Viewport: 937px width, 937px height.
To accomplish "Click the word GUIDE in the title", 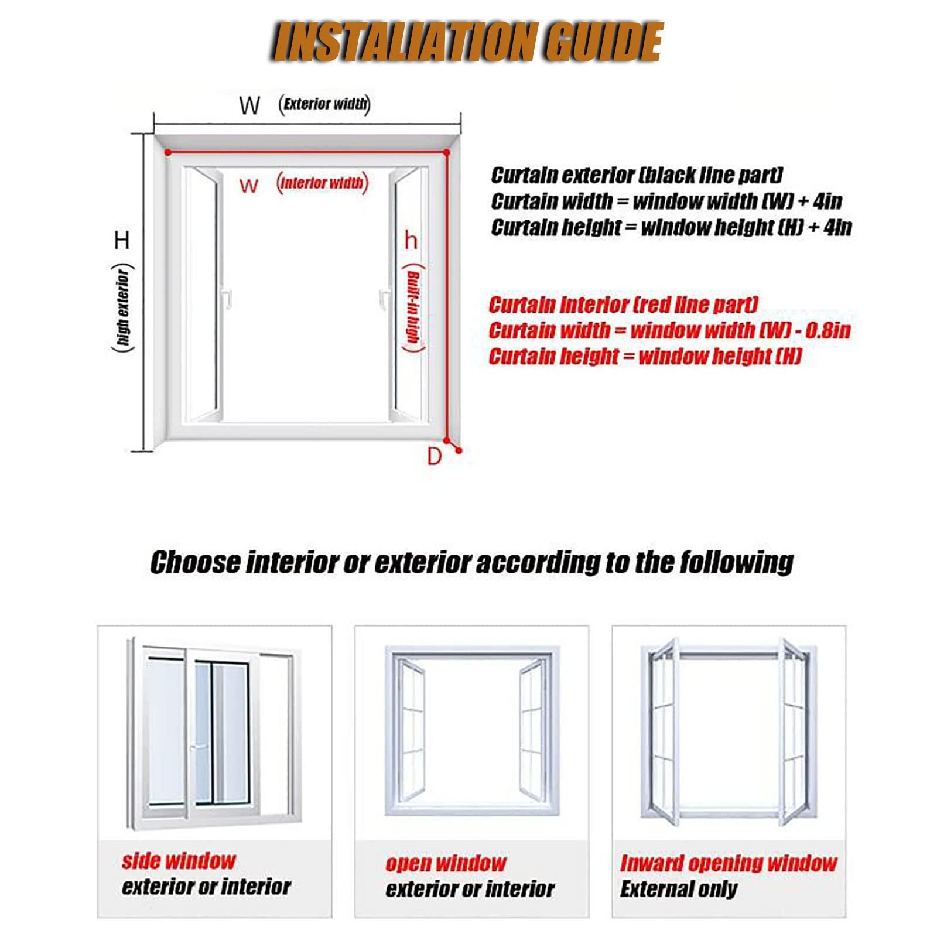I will click(x=603, y=42).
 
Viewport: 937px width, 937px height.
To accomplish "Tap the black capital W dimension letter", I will click(x=249, y=105).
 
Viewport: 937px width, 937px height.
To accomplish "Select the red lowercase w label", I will click(x=248, y=186).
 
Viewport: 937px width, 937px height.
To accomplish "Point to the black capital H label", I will click(x=122, y=240).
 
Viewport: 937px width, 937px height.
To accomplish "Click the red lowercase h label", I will click(x=411, y=240).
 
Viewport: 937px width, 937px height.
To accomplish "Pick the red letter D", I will click(x=434, y=456).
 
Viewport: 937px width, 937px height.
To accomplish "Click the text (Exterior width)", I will click(x=324, y=104).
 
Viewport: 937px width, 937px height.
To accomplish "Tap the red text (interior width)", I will click(x=322, y=183).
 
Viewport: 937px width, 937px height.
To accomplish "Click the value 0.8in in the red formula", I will click(x=827, y=331).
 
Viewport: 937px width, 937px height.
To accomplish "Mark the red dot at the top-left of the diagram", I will click(x=167, y=153).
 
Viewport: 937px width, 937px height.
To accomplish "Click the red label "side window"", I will click(x=179, y=861).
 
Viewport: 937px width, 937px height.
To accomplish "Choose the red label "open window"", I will click(x=446, y=863).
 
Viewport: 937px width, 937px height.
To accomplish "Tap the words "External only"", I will click(x=679, y=889).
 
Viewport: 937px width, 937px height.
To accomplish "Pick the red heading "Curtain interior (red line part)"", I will click(x=623, y=305).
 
